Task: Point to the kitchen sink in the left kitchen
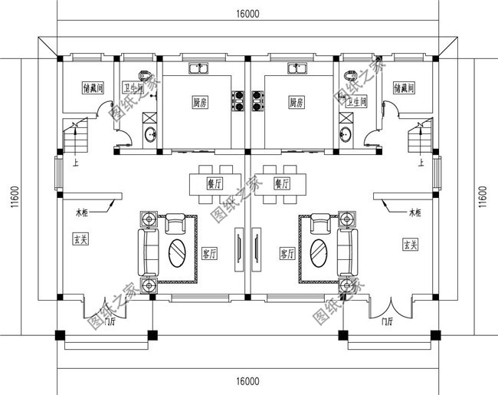pyautogui.click(x=201, y=68)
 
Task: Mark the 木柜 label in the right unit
pyautogui.click(x=416, y=212)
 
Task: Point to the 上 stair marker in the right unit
pyautogui.click(x=420, y=163)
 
